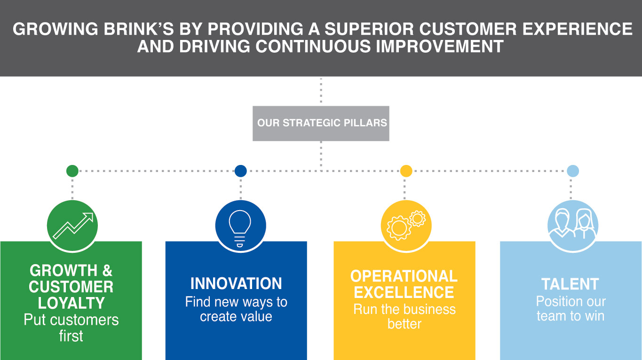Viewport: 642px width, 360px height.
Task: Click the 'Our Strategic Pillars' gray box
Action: pos(321,124)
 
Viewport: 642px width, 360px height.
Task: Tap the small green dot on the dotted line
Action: pos(72,171)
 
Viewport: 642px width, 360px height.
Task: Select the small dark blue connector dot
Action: pos(240,171)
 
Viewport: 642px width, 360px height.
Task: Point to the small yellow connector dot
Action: pos(406,171)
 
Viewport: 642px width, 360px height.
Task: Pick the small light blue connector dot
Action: pos(573,171)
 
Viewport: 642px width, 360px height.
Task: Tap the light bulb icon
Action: pos(240,228)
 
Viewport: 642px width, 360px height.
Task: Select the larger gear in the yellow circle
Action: pos(398,228)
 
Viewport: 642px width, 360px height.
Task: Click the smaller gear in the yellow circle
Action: pos(417,219)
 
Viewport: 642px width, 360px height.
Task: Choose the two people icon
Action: pos(573,223)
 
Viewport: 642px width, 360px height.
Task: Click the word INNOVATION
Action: pos(236,283)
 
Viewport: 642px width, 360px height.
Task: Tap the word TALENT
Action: pos(570,284)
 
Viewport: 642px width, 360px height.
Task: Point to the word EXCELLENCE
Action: pos(404,292)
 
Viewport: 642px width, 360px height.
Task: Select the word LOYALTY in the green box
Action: pos(71,303)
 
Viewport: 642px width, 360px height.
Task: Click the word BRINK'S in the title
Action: pos(139,29)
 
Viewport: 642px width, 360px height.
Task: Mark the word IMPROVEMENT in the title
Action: pos(439,47)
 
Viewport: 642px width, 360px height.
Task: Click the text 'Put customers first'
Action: pos(71,328)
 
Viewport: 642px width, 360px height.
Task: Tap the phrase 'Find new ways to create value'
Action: pos(236,309)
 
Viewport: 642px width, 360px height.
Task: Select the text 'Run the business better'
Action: pos(404,316)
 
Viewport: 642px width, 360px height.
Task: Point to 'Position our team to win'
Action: pos(571,309)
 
